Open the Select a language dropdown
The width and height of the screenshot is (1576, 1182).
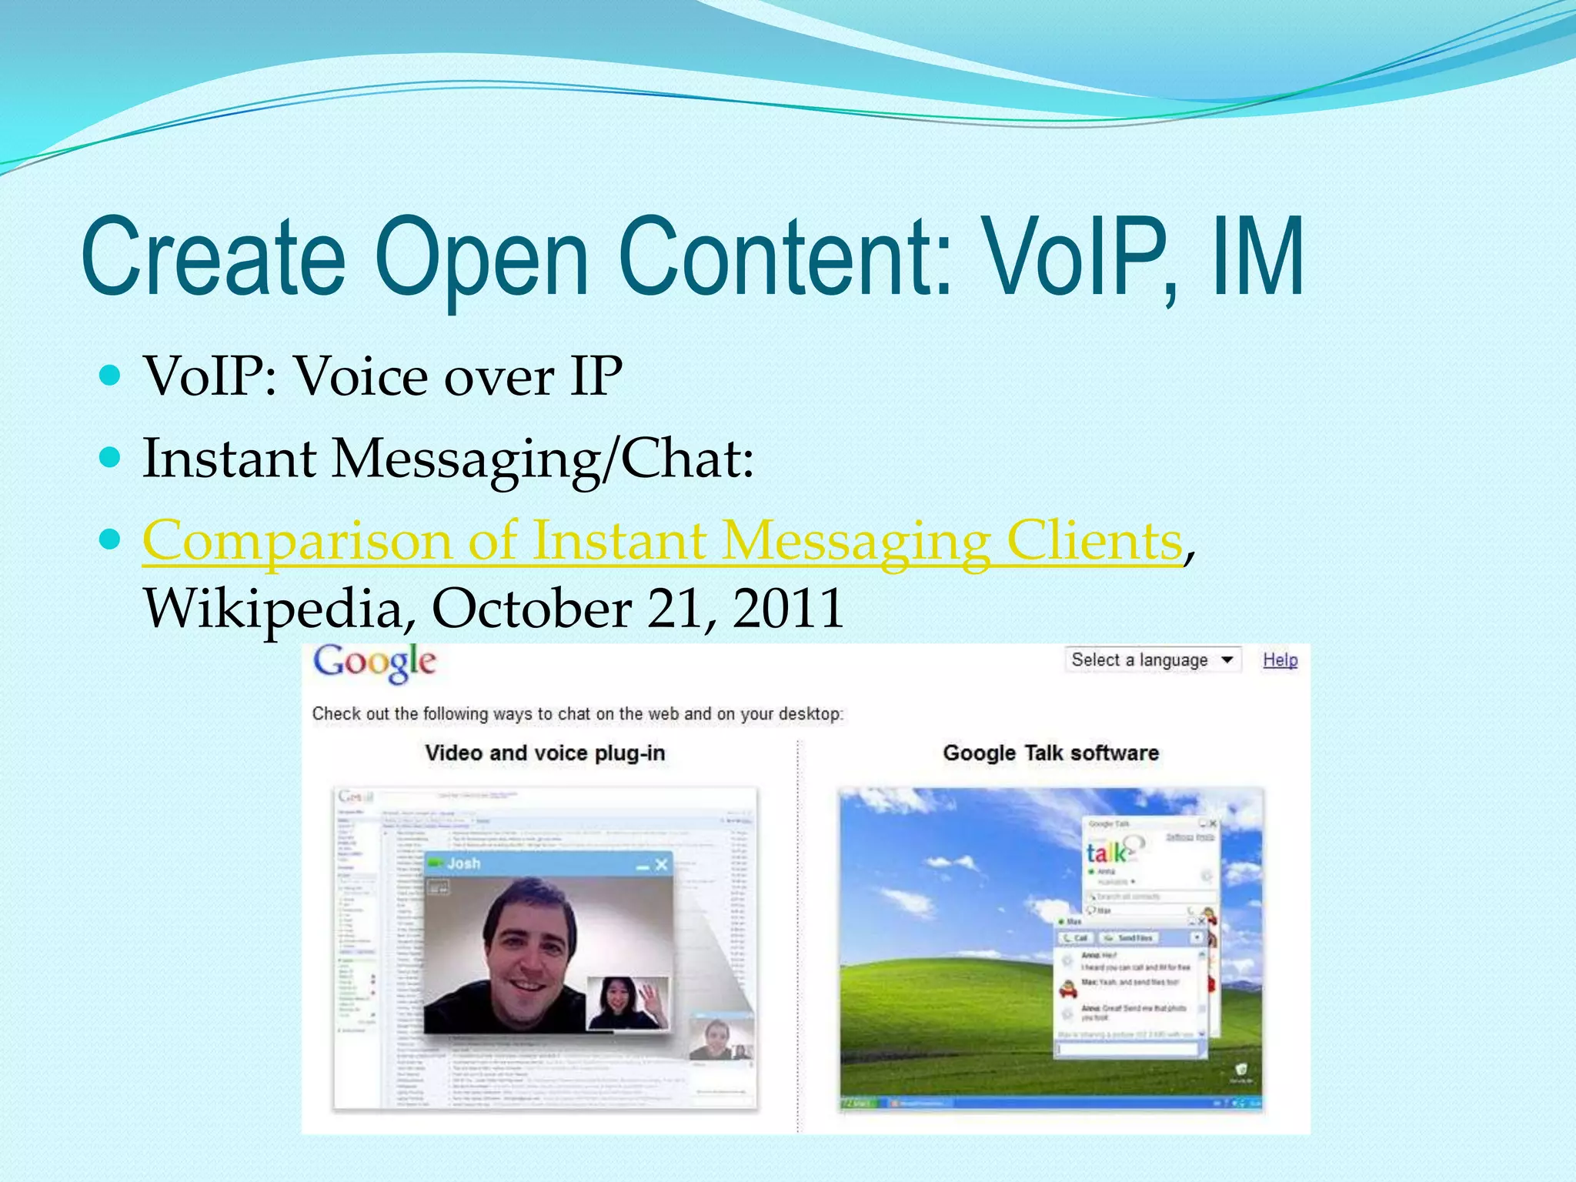[x=1152, y=660]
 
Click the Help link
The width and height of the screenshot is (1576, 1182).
[x=1280, y=660]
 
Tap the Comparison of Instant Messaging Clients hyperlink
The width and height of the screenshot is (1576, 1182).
[x=662, y=541]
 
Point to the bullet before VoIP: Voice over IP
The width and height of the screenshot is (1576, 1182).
[x=111, y=376]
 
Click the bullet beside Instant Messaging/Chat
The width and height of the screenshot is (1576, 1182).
[x=111, y=459]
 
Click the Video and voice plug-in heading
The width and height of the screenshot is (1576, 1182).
[x=545, y=753]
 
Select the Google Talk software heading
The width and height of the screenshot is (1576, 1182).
[x=1050, y=753]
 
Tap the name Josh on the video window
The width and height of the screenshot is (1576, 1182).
[x=463, y=864]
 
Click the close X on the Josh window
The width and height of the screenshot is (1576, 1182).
[x=661, y=866]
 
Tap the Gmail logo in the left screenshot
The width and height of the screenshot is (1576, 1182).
[x=356, y=796]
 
